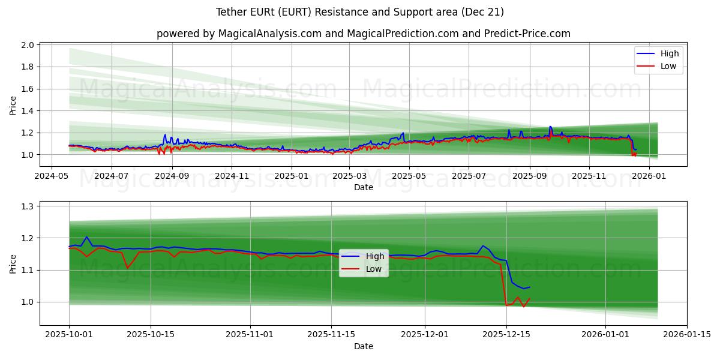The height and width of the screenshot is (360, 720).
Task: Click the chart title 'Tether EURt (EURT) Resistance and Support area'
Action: pos(360,12)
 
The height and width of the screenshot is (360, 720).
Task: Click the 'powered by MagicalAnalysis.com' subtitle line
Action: pos(364,34)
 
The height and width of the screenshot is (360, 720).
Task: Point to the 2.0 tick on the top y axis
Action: pos(28,45)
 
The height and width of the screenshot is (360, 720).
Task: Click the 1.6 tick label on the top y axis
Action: pos(28,89)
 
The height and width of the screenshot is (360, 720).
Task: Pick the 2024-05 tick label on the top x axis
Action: pos(51,176)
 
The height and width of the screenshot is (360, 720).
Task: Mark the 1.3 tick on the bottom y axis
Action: pos(28,206)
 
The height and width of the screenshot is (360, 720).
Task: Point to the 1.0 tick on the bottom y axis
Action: pos(28,302)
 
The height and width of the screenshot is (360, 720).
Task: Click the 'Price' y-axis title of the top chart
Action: pos(13,105)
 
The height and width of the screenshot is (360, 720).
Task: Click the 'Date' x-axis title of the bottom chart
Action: pos(364,346)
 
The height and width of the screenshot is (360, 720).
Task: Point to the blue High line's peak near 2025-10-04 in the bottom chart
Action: pos(87,237)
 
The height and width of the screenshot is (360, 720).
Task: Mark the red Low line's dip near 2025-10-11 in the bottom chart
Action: pos(127,268)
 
